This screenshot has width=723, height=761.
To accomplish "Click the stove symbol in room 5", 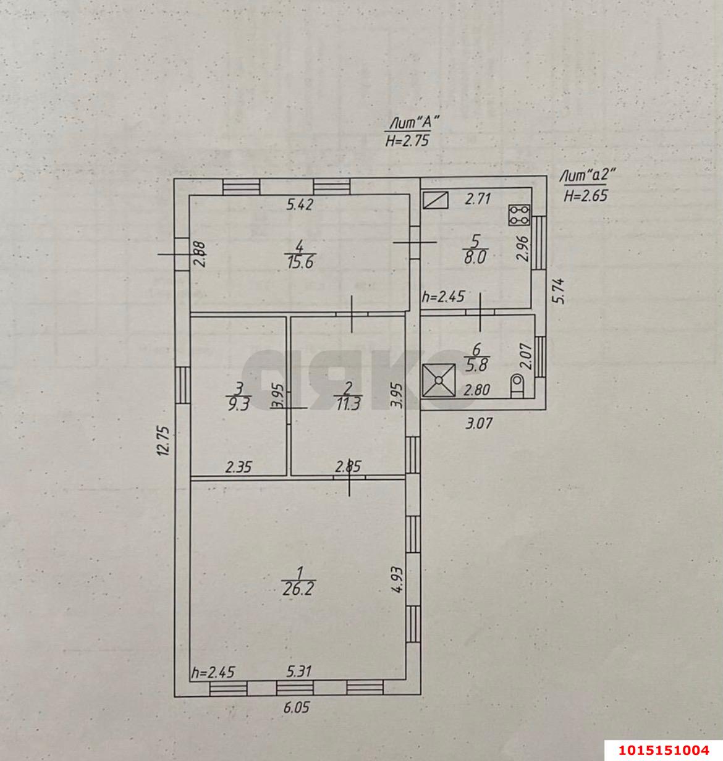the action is (519, 215).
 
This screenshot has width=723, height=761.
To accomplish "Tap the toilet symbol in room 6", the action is (517, 385).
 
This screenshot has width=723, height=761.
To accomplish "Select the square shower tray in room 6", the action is (439, 380).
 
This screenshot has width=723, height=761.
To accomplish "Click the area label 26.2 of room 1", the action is (298, 589).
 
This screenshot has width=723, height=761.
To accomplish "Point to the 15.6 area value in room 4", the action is (300, 263).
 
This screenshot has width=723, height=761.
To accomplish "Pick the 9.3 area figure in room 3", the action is (239, 405).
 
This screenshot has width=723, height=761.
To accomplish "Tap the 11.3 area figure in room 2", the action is (349, 404).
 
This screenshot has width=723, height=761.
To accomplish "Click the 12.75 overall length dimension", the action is (164, 441).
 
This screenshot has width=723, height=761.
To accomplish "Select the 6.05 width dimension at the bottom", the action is (297, 708).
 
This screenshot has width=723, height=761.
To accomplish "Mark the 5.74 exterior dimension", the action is (559, 291).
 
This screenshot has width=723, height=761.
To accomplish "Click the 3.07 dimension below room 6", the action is (479, 423).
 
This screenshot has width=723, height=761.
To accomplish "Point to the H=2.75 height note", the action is (407, 140).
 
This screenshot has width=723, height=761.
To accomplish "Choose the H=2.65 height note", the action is (586, 195).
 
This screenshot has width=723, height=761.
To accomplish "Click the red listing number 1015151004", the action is (664, 750).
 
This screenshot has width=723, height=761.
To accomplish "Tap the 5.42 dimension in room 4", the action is (300, 204).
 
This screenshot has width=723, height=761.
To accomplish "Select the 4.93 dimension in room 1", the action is (397, 579).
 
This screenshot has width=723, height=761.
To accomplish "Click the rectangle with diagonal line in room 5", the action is (436, 200).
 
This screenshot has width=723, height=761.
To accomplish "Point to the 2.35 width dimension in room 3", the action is (239, 467).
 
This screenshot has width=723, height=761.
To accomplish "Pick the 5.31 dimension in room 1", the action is (299, 671).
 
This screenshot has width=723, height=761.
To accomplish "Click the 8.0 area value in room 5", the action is (475, 256).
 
